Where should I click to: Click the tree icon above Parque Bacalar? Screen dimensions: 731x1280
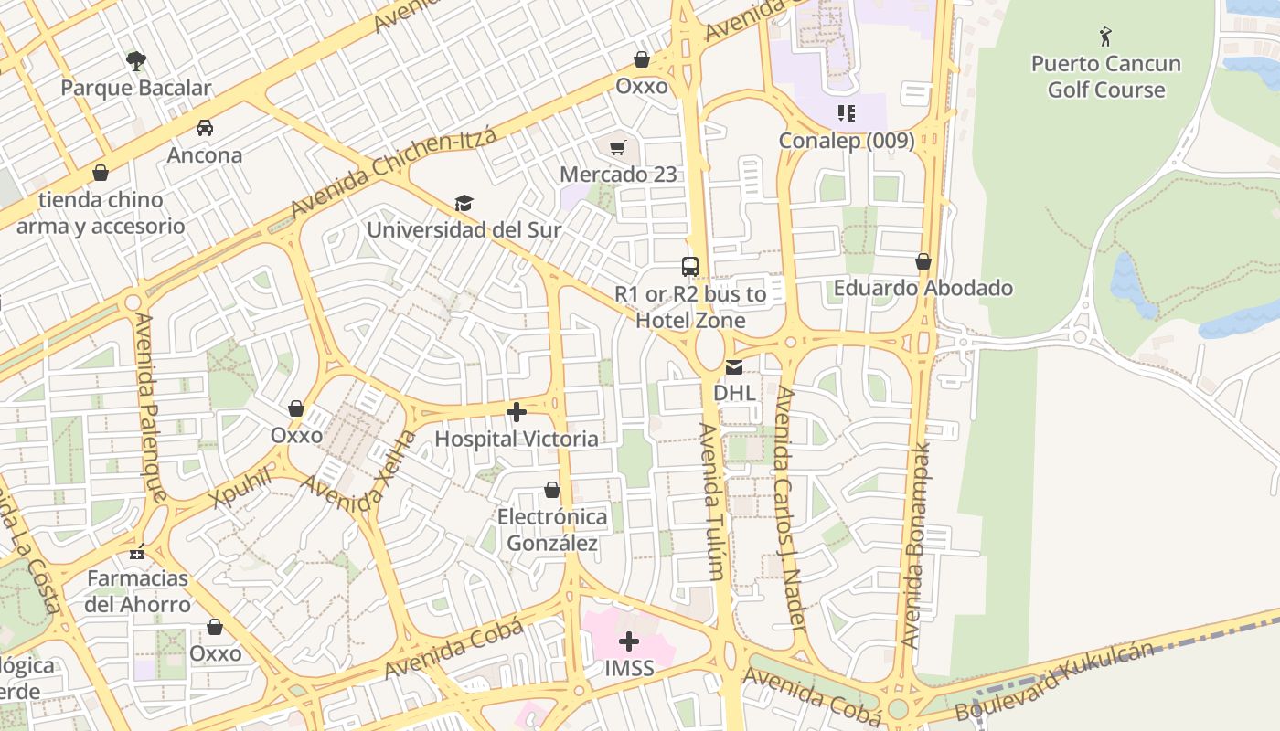[x=136, y=61]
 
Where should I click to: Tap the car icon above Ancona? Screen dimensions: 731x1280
[x=205, y=128]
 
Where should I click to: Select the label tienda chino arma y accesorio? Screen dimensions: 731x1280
[x=101, y=213]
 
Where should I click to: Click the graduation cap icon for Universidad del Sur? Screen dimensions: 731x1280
[x=464, y=203]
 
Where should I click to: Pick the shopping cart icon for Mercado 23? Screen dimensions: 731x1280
[x=618, y=147]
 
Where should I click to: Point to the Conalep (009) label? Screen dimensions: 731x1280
[x=846, y=141]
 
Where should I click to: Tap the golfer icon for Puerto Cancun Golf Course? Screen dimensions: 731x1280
[x=1105, y=37]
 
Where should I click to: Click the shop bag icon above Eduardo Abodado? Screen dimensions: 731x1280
[x=923, y=261]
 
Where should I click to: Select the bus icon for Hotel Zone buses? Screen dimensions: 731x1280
[x=690, y=267]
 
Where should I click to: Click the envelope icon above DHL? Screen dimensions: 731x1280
[x=734, y=367]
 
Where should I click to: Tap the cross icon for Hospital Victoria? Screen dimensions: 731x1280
[x=517, y=412]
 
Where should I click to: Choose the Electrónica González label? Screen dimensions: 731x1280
[x=551, y=530]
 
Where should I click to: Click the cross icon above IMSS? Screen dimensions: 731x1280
[x=629, y=641]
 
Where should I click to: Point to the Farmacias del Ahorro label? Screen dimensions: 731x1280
[x=137, y=591]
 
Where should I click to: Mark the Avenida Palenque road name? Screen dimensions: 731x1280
[x=151, y=407]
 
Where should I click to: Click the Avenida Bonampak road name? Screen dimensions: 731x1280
[x=917, y=546]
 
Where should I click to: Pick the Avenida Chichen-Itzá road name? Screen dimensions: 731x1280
[x=394, y=173]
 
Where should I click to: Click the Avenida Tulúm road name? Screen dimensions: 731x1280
[x=712, y=501]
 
